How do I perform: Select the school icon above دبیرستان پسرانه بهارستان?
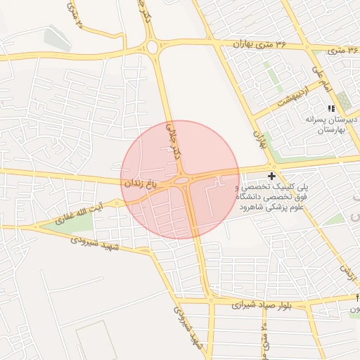tap(331, 108)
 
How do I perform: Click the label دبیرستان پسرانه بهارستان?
tap(332, 125)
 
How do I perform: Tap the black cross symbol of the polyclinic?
tap(272, 176)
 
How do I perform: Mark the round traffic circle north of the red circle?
tap(153, 48)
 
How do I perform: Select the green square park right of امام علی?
tap(343, 99)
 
